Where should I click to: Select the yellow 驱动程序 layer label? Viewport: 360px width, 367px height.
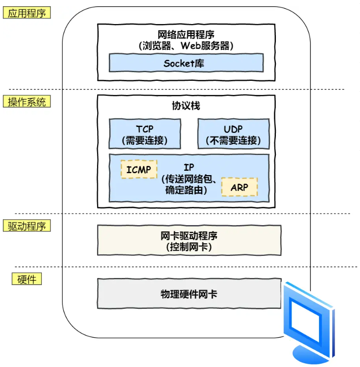coord(27,226)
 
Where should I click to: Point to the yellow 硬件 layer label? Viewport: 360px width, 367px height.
coord(27,279)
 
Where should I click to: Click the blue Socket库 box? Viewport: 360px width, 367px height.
coord(186,63)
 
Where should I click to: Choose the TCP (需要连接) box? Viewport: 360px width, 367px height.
coord(145,134)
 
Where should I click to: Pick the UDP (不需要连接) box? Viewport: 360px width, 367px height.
coord(233,134)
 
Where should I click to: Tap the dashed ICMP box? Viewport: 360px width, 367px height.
coord(139,169)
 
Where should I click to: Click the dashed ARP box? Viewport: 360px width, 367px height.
coord(239,187)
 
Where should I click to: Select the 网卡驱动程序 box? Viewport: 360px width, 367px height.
coord(189,240)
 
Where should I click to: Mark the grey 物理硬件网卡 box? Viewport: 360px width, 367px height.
coord(189,293)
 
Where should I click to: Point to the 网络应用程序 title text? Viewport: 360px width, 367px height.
coord(186,35)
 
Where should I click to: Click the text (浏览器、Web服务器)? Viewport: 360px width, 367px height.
coord(186,46)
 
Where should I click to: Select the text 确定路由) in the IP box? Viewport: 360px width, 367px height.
coord(186,190)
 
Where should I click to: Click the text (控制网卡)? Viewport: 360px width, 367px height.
coord(189,247)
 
